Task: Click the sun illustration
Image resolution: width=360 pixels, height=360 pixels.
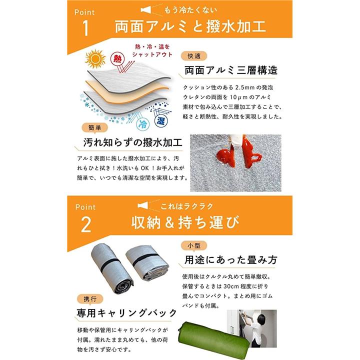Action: point(95,59)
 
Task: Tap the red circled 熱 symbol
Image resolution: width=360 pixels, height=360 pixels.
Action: point(117,59)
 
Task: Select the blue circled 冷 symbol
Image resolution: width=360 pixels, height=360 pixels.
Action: point(143,124)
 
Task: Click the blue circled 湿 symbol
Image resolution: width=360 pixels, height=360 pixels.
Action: point(161,121)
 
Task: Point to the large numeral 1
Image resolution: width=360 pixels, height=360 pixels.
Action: point(85,28)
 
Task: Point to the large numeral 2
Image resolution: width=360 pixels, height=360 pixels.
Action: point(86,225)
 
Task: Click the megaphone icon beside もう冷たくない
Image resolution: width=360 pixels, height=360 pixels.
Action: point(146,10)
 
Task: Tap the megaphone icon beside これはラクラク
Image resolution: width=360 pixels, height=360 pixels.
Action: point(142,205)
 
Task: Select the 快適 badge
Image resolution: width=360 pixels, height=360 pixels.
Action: point(194,56)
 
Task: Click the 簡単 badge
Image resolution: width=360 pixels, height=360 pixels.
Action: point(94,127)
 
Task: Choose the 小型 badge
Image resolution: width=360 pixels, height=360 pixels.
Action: point(194,245)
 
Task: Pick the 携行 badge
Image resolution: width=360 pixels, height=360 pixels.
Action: point(90,299)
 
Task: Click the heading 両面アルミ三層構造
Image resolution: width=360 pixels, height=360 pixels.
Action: point(231,70)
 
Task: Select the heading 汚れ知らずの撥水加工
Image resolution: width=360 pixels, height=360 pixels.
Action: point(132,142)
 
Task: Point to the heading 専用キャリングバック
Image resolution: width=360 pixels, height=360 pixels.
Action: point(126,312)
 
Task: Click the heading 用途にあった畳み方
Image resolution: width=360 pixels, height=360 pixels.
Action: point(230,259)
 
